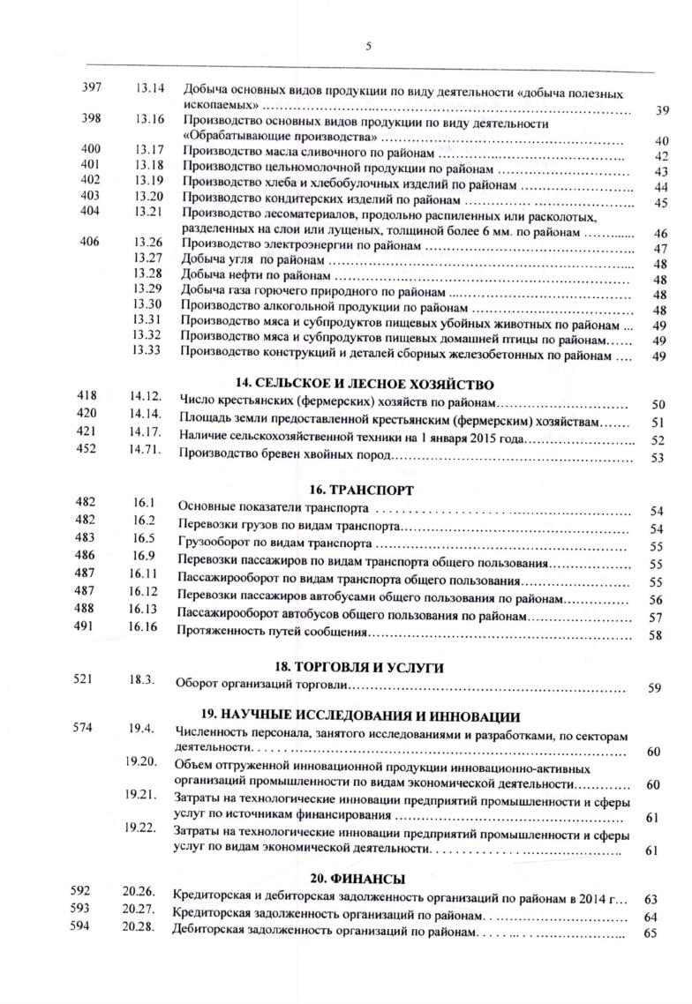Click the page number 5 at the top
[x=368, y=47]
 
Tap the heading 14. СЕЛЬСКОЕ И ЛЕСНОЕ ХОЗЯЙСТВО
[x=364, y=384]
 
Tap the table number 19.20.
[x=141, y=761]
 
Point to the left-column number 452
[x=87, y=453]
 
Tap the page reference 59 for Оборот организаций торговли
[x=654, y=689]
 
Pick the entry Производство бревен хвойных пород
[x=284, y=455]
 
